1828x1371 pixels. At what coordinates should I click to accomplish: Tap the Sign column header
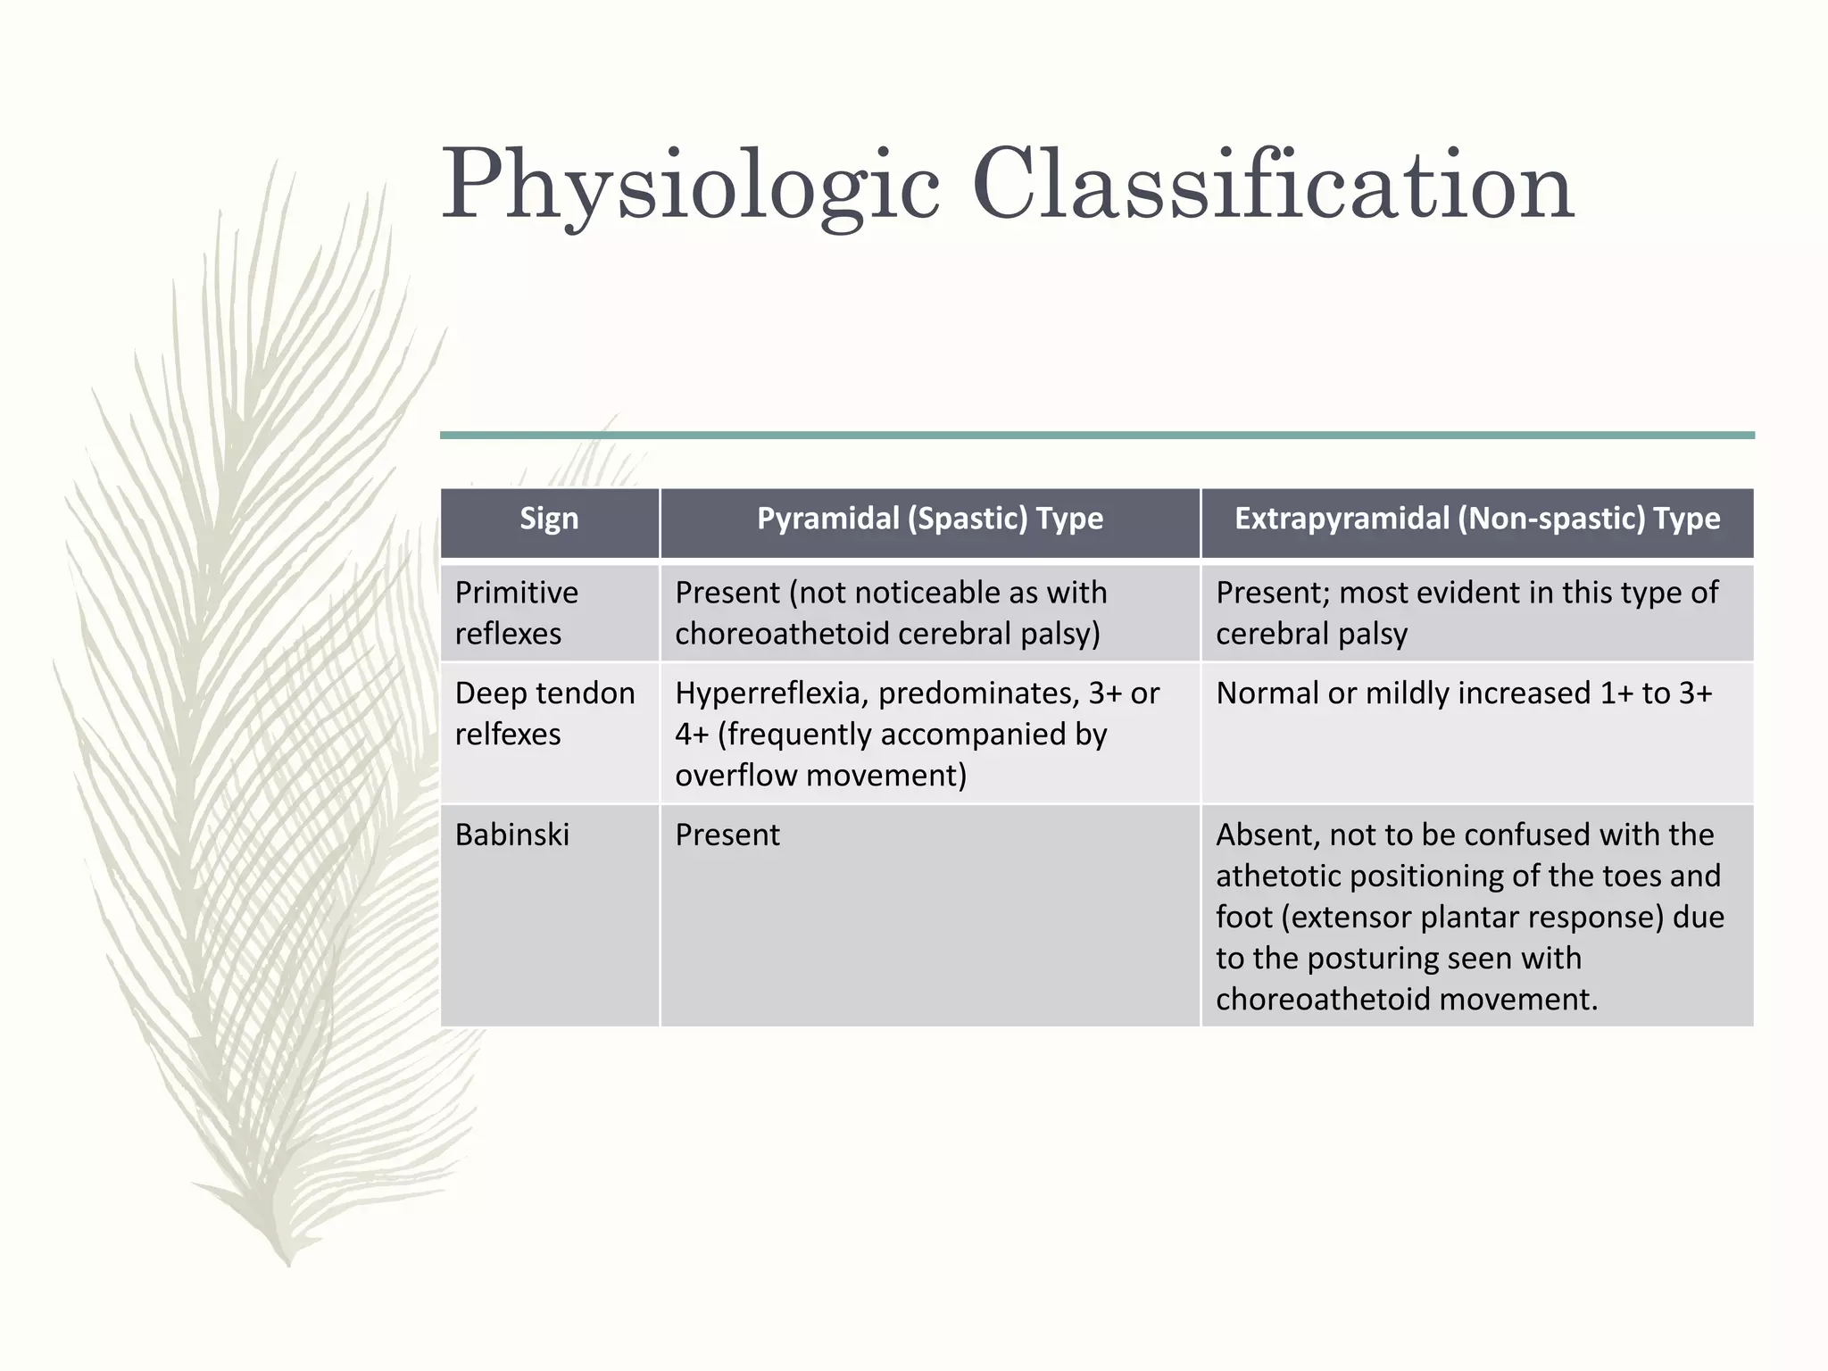549,519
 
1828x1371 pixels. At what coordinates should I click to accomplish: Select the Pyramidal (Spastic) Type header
929,519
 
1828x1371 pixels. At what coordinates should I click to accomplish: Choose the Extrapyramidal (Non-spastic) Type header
1476,519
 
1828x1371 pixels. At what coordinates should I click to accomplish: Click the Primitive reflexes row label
516,612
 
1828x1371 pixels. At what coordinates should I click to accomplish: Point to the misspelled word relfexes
507,735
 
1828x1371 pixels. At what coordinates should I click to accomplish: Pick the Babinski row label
511,835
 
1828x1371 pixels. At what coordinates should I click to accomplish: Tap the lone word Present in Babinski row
727,835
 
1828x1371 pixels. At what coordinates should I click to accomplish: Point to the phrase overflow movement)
820,776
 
